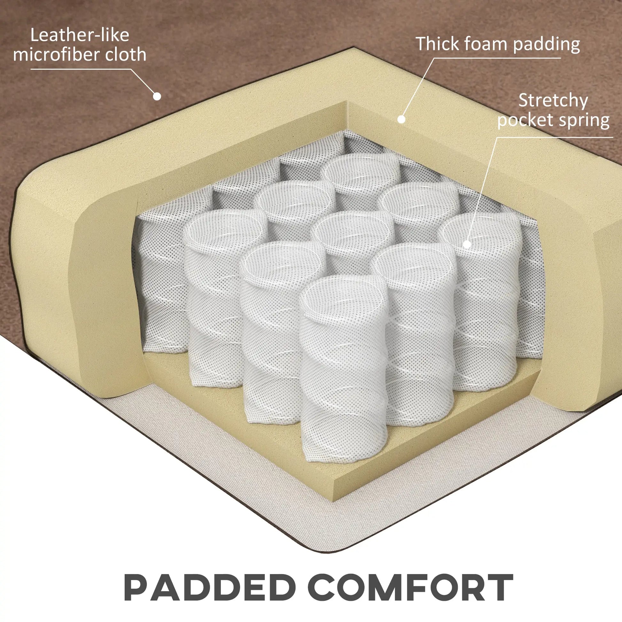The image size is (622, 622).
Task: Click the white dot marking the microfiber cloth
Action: click(x=157, y=96)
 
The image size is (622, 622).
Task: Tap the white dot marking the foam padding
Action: click(x=401, y=119)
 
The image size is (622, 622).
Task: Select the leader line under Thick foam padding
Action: click(x=496, y=58)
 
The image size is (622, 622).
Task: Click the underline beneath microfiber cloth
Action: click(x=81, y=69)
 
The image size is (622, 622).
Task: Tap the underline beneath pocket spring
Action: click(x=554, y=137)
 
